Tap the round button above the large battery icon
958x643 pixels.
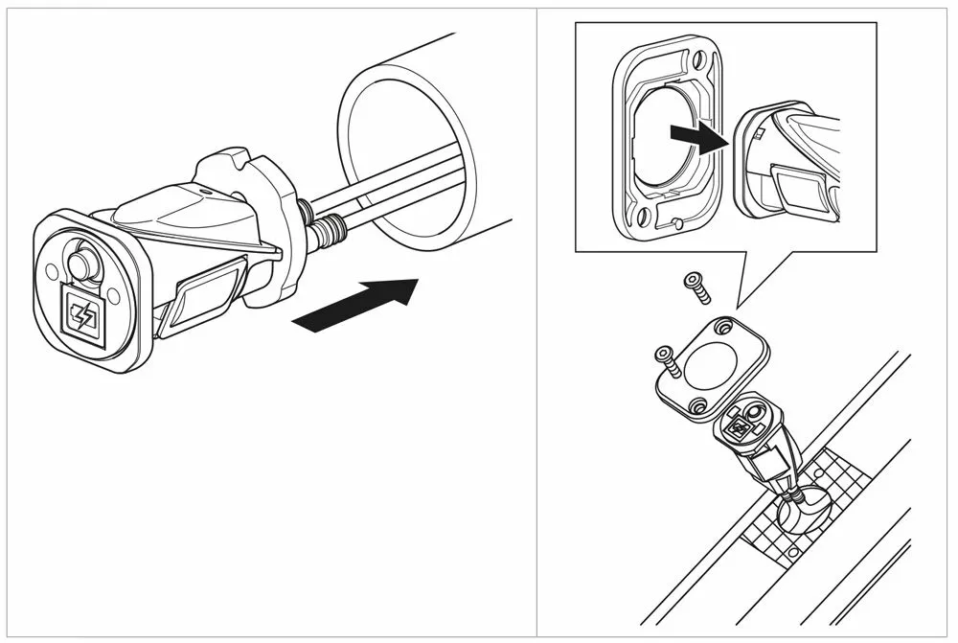[80, 264]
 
